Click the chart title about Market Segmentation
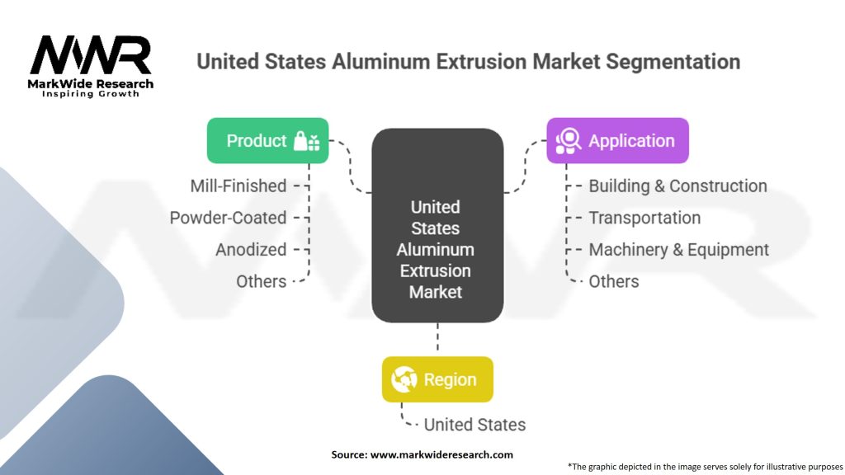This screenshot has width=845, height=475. (468, 62)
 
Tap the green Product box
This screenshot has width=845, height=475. (267, 141)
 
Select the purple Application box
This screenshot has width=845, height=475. (616, 141)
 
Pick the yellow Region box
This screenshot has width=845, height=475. (437, 379)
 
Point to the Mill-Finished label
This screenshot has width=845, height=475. (238, 186)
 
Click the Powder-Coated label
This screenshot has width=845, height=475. (229, 218)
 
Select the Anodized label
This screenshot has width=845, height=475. (251, 249)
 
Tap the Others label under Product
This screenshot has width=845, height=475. (261, 281)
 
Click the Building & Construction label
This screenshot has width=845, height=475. (677, 186)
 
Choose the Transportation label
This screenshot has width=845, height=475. (644, 218)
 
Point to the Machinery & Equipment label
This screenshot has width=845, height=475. (678, 249)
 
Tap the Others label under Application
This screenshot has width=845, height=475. (613, 281)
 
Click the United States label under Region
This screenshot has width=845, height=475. (474, 425)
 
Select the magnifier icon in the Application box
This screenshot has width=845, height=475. (569, 141)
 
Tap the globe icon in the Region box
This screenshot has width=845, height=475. (404, 379)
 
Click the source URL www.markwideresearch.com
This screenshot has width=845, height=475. (441, 454)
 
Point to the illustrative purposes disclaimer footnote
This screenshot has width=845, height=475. (705, 466)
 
